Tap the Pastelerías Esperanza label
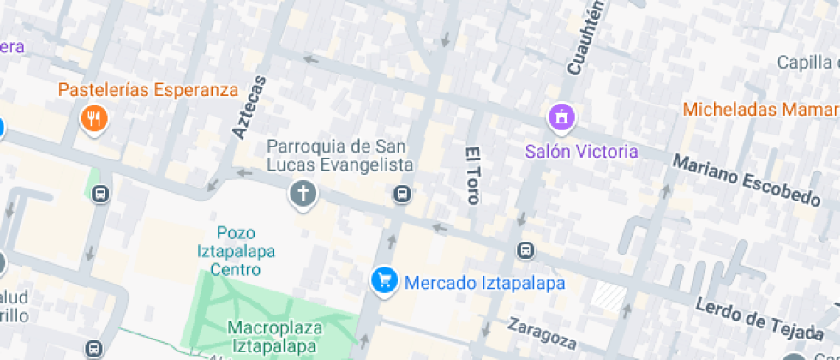coord(147,89)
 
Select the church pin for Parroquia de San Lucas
coord(301,194)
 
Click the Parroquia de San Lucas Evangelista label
coord(339,155)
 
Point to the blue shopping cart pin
coord(385,280)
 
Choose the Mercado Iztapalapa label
coord(484,282)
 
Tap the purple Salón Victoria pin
coord(561,117)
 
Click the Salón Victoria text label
coord(581,152)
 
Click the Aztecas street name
coord(249,107)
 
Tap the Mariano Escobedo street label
coord(746,180)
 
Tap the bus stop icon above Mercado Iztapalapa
coord(525,251)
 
